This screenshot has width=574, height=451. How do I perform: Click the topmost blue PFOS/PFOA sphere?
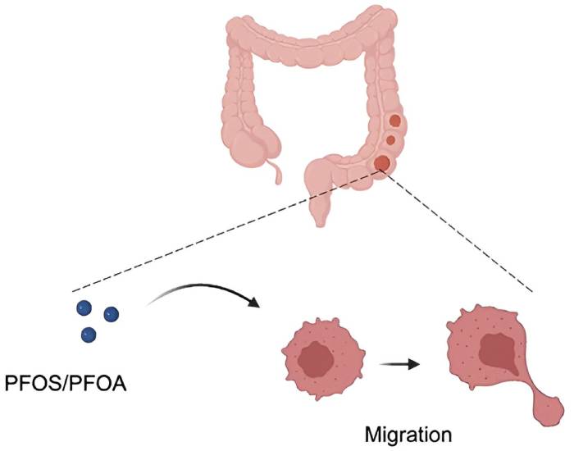(83, 307)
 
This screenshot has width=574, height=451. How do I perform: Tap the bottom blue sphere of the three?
(89, 334)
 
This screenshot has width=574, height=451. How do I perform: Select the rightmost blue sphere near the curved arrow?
(111, 313)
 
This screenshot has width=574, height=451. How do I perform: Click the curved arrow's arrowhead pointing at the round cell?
(255, 305)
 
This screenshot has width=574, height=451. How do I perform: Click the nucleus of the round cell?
(316, 358)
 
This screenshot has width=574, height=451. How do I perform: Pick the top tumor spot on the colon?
(395, 121)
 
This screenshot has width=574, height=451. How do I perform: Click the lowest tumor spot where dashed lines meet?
(382, 162)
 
